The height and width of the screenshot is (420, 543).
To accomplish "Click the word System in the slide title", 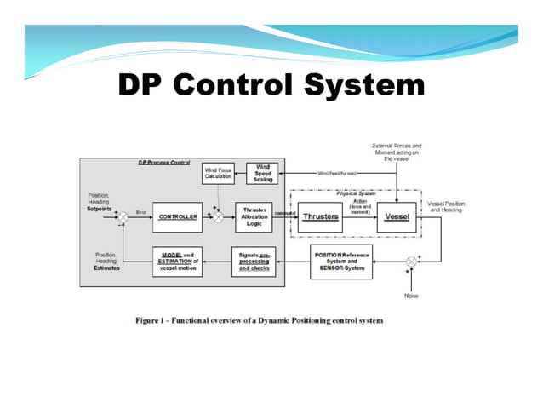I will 363,85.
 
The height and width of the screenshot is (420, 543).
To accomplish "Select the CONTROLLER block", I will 177,217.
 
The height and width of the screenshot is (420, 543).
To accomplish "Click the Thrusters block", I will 321,216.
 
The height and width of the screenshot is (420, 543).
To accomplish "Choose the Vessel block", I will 397,216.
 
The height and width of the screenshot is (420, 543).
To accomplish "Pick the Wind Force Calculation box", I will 217,172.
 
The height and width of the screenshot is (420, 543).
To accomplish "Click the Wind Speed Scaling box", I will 262,173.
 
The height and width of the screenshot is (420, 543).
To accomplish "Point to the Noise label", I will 411,295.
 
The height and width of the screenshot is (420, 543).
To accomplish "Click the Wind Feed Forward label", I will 337,173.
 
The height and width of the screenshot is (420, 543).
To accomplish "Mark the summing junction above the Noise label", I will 411,261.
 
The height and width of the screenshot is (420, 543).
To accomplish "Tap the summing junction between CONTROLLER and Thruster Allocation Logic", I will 217,217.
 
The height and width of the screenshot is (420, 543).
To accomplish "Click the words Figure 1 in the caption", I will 156,320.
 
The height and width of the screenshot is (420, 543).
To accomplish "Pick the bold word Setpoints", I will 100,207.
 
